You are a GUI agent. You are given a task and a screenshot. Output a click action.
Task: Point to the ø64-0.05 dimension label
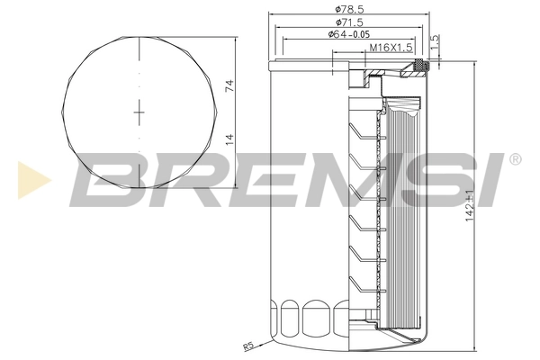click(x=352, y=34)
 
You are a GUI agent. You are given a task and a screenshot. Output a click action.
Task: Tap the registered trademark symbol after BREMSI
click(x=515, y=159)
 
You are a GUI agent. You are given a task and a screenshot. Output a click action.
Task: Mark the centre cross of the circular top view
click(x=139, y=112)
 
